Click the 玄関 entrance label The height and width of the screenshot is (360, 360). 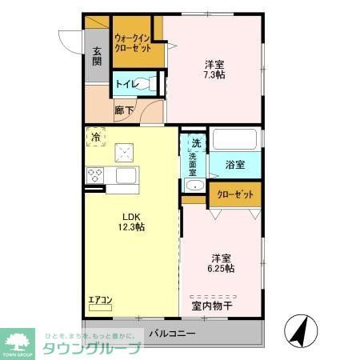(96, 56)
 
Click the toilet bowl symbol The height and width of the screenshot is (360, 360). (144, 82)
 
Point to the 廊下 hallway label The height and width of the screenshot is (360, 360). (123, 111)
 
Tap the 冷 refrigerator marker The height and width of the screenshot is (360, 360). (96, 138)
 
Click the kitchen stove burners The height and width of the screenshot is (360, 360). (95, 175)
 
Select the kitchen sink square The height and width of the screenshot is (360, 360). (125, 175)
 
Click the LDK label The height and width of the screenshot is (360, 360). (130, 215)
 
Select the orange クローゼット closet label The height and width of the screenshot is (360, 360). (235, 194)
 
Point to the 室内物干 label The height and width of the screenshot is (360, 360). (212, 305)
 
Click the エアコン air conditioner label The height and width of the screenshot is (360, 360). (100, 301)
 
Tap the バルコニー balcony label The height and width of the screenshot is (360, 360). (171, 333)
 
